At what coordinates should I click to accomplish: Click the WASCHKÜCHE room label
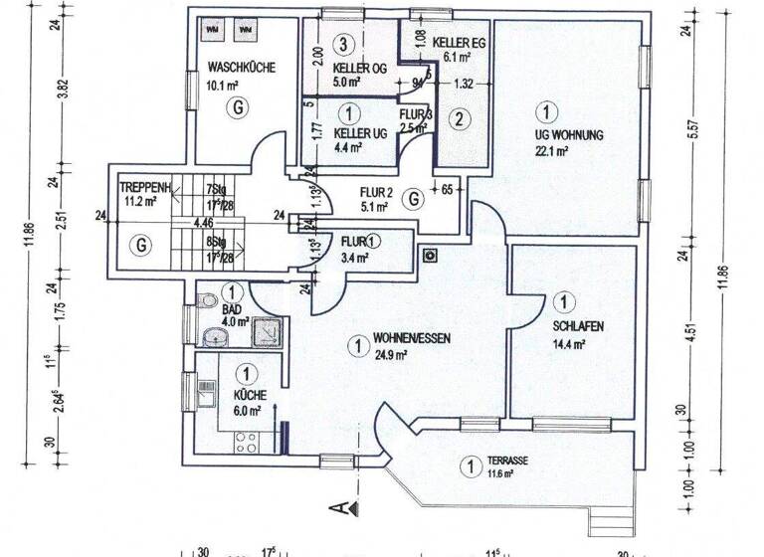tap(241, 68)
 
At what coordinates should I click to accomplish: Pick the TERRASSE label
tap(507, 462)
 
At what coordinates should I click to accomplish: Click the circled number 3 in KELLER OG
tap(343, 44)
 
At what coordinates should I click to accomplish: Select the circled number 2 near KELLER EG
tap(458, 120)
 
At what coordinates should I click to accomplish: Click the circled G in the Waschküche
tap(236, 106)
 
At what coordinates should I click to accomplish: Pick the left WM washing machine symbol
tap(212, 30)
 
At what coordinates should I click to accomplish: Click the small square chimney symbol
tap(431, 255)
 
